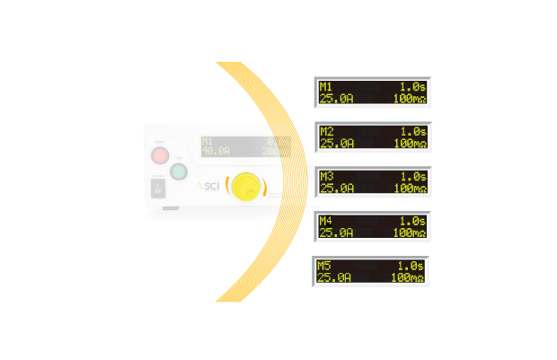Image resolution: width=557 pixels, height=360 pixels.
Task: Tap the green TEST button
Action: coord(179,172)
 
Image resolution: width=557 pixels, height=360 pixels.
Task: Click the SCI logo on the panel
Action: coord(209,186)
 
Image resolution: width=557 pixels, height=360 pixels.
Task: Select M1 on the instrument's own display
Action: coord(208,142)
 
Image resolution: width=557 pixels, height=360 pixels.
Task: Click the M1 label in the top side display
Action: coord(325,86)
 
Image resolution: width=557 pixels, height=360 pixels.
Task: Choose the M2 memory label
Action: coord(326,131)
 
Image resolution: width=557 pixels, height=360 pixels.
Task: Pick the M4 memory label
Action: coord(325,221)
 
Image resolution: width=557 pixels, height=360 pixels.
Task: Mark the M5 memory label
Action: coord(324,266)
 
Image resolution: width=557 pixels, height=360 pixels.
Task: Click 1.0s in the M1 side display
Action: coord(411,86)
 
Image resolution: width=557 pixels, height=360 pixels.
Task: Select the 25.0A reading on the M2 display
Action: coord(337,143)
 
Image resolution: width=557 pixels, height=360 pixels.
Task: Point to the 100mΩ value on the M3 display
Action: coord(409,189)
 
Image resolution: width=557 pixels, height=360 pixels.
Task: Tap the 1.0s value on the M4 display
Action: coord(411,221)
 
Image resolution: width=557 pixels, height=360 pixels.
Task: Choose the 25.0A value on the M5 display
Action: coord(335,277)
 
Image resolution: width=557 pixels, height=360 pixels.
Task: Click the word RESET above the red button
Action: coord(159,143)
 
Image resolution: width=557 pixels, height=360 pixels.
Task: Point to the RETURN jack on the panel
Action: coord(313,169)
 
